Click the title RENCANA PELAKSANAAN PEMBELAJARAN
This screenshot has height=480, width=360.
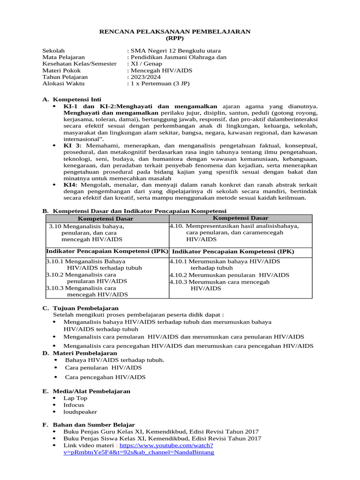click(x=175, y=31)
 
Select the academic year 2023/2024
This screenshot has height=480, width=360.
click(x=144, y=77)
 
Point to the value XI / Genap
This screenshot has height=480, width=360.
click(x=146, y=64)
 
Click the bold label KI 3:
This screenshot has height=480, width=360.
click(x=72, y=146)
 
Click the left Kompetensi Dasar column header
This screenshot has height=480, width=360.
click(x=105, y=219)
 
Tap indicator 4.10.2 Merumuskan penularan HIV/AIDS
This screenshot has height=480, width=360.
click(x=229, y=275)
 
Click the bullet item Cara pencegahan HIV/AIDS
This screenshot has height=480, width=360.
click(x=105, y=377)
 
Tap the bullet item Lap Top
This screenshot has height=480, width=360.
click(x=75, y=398)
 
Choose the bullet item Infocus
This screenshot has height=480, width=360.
click(x=74, y=405)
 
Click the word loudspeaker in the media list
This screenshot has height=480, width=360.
click(x=80, y=412)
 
